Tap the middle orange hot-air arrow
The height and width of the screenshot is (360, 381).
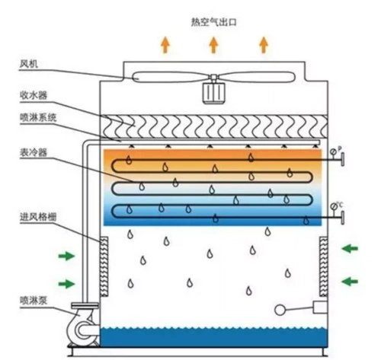[214, 45]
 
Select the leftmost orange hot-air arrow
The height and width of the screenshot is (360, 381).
[165, 45]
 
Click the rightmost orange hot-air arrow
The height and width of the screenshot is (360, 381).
[264, 45]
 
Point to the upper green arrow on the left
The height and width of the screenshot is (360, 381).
[68, 255]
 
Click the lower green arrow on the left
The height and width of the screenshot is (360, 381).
[68, 283]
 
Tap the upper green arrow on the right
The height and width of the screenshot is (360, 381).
[351, 247]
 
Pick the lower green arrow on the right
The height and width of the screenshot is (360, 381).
[351, 281]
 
